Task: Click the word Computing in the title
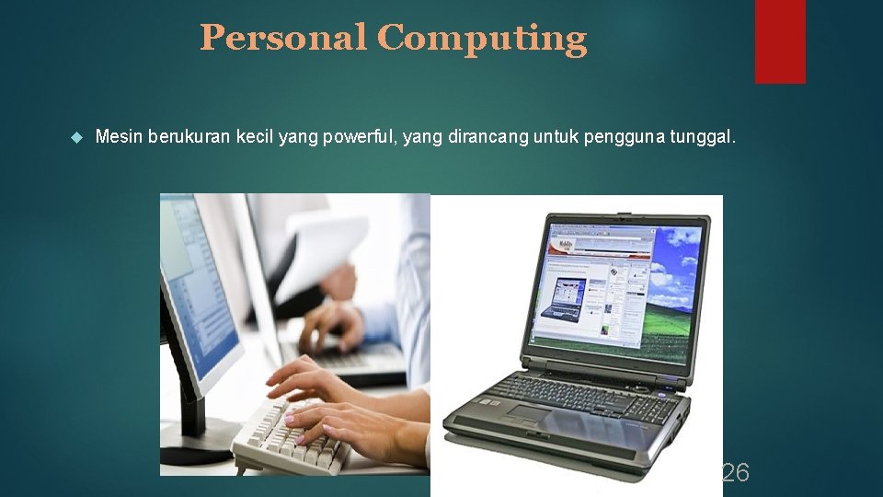pos(481,39)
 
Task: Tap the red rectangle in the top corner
pos(780,41)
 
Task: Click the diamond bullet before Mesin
pos(76,138)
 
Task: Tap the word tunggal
pos(705,137)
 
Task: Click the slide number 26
pos(735,473)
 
